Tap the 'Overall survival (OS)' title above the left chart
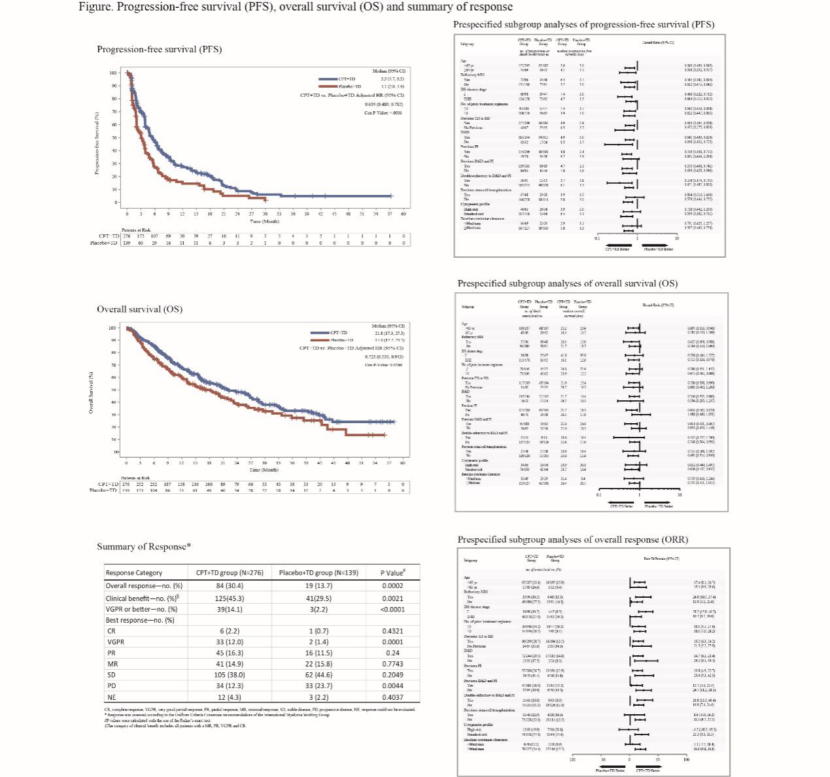[x=139, y=309]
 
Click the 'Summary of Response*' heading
[x=144, y=546]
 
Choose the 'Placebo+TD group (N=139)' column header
[x=319, y=572]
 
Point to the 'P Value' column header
[x=392, y=572]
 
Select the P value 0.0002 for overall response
[x=392, y=585]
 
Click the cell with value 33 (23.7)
[x=319, y=685]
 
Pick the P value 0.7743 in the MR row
[x=392, y=664]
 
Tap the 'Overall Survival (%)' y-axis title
[x=92, y=392]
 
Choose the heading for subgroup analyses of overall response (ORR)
[x=572, y=540]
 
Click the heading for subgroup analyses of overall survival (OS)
[x=567, y=283]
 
